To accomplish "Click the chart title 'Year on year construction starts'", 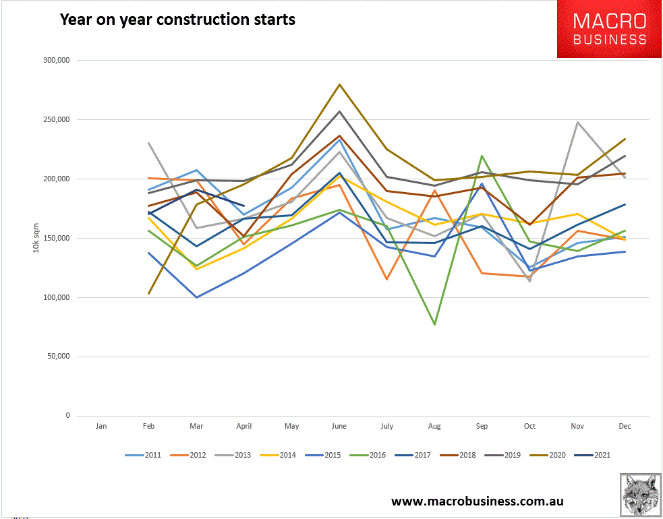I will (x=177, y=19).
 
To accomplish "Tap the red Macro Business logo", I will (x=609, y=29).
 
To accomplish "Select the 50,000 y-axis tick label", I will (x=59, y=357).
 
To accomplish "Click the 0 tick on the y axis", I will (x=67, y=416).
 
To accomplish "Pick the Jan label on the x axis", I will (x=101, y=427).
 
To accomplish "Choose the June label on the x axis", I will (x=339, y=427).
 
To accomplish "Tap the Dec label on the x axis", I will (x=625, y=427).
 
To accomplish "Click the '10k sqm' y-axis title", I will (x=35, y=238).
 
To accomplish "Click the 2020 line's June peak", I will (x=339, y=84).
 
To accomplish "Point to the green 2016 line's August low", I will (x=435, y=324).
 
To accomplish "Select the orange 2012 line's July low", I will (x=387, y=279).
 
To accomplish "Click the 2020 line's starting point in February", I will (x=148, y=293).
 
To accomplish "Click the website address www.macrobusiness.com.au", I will (x=478, y=501).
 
